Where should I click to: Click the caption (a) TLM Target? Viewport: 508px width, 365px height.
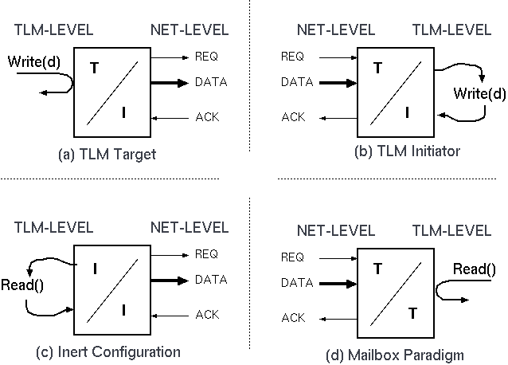(107, 155)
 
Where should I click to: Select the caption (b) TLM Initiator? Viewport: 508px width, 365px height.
(407, 151)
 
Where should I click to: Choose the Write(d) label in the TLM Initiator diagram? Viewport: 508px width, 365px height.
(479, 94)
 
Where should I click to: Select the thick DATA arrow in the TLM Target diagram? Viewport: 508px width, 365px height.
(171, 82)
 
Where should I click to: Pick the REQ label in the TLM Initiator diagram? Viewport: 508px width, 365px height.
(293, 57)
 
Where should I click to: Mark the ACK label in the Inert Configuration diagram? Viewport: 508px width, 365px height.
(207, 315)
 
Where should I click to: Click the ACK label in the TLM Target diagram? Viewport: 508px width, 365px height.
(207, 117)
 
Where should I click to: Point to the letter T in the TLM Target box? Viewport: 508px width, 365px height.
(94, 68)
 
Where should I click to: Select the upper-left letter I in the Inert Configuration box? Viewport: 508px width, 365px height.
(95, 269)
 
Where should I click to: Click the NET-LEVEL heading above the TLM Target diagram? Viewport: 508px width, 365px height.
(189, 31)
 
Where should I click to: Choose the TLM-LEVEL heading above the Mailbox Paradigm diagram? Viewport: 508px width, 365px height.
(451, 231)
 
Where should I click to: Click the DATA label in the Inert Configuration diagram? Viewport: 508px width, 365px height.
(211, 280)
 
